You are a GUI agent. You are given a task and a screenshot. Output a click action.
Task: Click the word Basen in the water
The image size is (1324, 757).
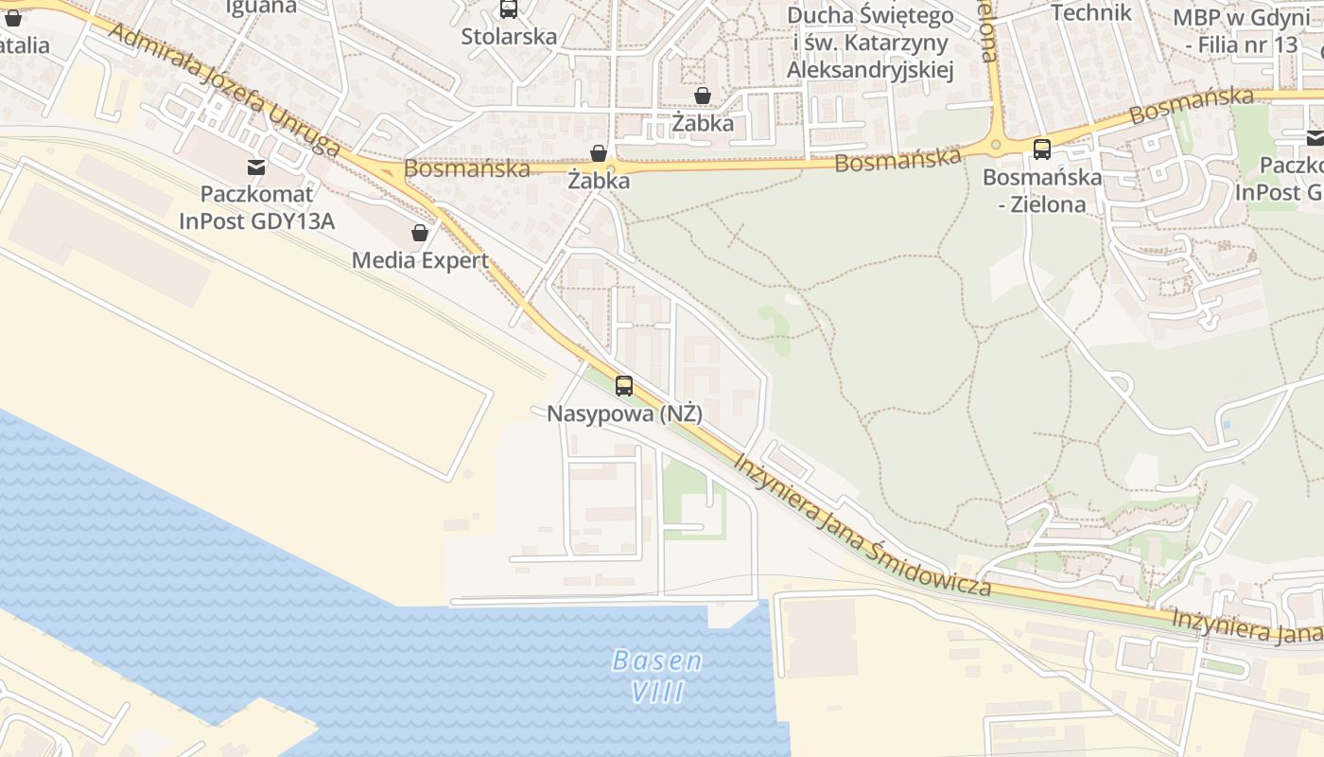tap(657, 660)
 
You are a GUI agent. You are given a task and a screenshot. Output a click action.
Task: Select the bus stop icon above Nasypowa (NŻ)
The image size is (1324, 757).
tap(623, 385)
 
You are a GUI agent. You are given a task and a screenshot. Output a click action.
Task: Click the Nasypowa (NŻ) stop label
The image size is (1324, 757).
tap(624, 414)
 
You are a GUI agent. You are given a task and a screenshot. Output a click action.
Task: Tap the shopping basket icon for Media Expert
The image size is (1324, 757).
tap(420, 233)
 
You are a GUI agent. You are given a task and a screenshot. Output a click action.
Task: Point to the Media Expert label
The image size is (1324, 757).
tap(420, 260)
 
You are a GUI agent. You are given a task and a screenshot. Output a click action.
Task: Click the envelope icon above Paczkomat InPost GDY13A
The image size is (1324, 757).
tap(255, 167)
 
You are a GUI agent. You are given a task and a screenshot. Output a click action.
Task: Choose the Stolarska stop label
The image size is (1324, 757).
tap(509, 36)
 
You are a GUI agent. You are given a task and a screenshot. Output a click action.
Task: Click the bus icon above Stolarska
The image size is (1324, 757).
tap(509, 9)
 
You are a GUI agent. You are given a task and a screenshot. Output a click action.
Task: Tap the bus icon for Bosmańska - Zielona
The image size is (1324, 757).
tap(1041, 149)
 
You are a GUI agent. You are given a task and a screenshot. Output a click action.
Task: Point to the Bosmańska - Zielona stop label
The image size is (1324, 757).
tap(1041, 190)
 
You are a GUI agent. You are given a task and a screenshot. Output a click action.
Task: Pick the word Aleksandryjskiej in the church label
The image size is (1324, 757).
tap(870, 69)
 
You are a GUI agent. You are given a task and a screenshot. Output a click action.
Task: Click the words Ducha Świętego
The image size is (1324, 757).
tap(870, 16)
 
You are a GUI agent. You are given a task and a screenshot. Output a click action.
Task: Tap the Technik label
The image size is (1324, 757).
tap(1091, 12)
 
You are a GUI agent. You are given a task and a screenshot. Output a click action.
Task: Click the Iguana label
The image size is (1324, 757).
tap(261, 6)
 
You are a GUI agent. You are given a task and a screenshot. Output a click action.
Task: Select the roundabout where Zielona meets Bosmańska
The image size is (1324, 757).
tap(995, 145)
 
